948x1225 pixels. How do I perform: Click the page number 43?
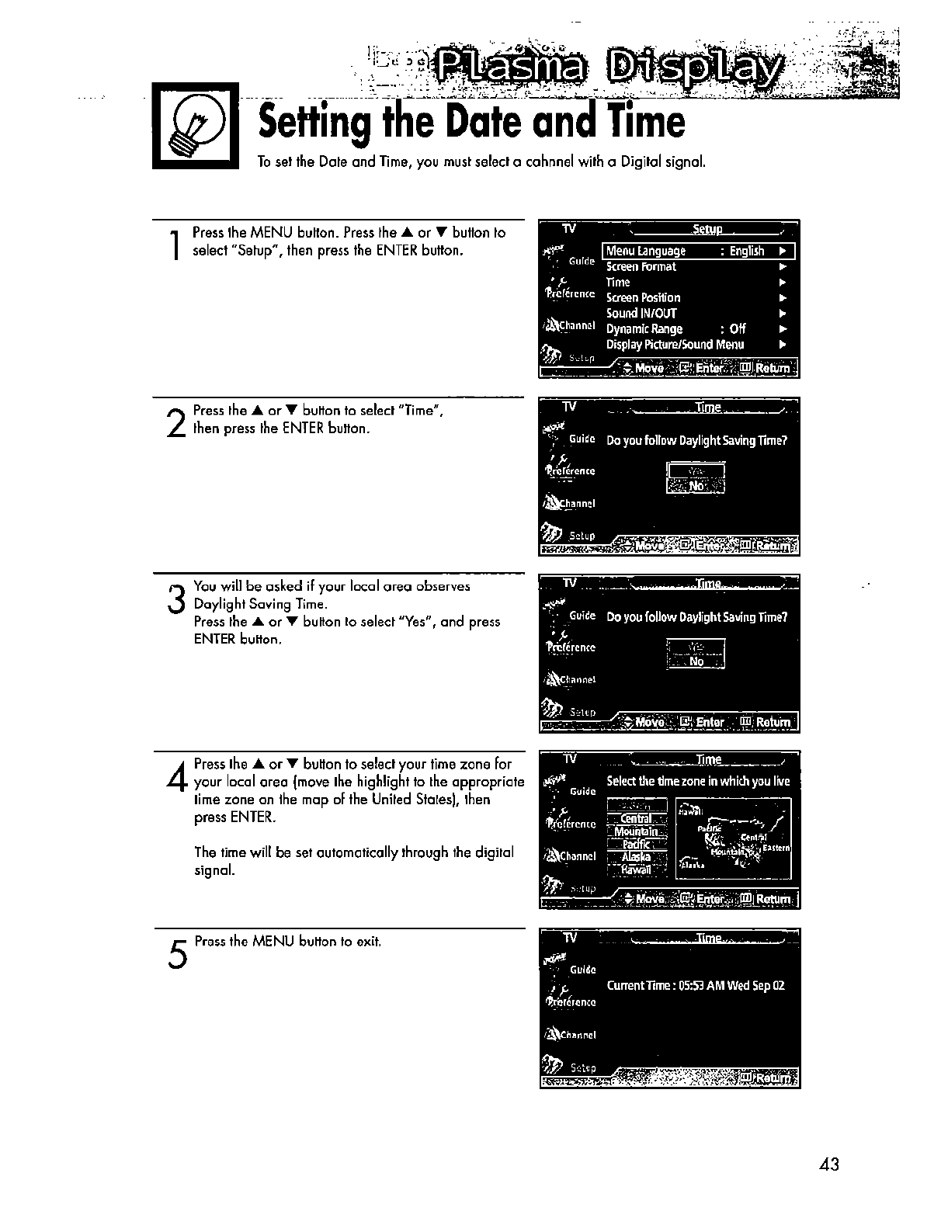(829, 1164)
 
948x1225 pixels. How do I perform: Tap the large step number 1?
(178, 244)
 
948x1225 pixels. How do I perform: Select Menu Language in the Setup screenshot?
(646, 252)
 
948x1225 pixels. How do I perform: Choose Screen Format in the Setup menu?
(641, 267)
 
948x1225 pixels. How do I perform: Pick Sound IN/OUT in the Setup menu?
(641, 314)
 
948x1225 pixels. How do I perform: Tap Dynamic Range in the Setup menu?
(644, 329)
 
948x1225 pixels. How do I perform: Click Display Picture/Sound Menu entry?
(675, 345)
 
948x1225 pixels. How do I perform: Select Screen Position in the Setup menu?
(643, 298)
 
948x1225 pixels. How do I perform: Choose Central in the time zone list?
(637, 818)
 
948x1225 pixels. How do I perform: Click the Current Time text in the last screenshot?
(696, 986)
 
